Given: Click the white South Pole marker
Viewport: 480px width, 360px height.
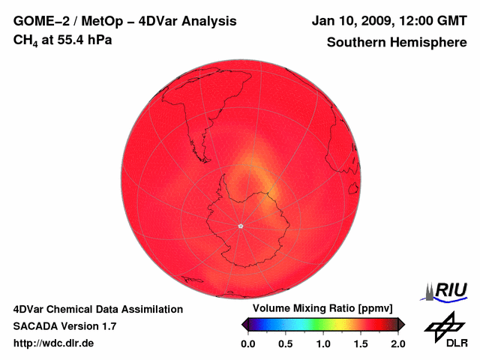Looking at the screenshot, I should [x=241, y=226].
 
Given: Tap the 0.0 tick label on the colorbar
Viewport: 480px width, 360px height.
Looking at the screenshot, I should [x=248, y=343].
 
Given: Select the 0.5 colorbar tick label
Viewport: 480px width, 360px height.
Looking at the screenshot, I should [x=286, y=343].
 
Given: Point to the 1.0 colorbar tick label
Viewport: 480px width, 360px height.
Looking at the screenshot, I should [x=323, y=343].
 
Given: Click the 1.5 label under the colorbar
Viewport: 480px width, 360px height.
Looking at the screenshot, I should [x=361, y=343].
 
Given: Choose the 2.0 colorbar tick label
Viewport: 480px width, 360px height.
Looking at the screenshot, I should [x=397, y=343].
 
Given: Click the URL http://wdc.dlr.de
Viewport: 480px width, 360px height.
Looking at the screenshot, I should [x=54, y=343].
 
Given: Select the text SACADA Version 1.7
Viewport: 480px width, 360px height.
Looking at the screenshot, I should [x=64, y=326].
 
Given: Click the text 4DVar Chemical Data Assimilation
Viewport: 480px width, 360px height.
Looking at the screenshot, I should [x=98, y=309].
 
